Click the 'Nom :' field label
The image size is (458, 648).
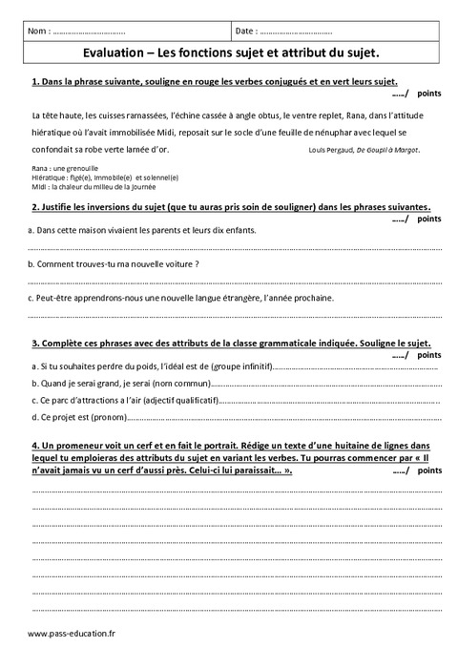pos(40,31)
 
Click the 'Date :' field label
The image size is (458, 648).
pos(246,31)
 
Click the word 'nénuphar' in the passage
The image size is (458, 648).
pos(323,131)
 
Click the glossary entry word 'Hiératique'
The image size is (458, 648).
pos(49,178)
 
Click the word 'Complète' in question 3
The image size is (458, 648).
pos(64,344)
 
